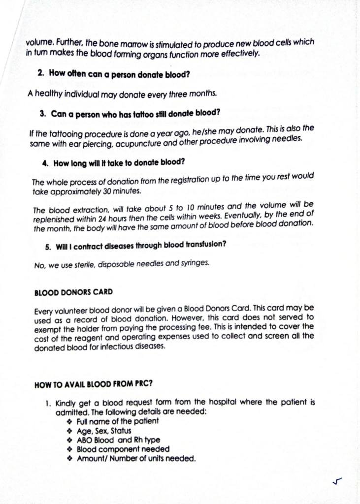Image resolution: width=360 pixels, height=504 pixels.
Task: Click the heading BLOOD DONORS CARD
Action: [x=73, y=292]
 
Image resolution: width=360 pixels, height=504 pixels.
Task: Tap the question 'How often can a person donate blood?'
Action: [x=119, y=74]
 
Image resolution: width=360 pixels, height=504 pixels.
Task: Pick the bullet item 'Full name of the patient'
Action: [x=117, y=421]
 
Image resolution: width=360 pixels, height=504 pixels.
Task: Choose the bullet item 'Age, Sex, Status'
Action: [x=103, y=431]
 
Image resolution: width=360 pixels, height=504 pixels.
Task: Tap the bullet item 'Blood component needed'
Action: [x=123, y=449]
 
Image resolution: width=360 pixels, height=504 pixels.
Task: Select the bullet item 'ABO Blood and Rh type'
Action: [x=118, y=440]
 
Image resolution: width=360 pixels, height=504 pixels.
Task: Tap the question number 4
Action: [x=45, y=163]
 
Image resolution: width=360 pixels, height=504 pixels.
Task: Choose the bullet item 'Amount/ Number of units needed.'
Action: [x=136, y=458]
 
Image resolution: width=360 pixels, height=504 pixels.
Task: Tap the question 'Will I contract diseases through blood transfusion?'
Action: [x=139, y=243]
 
